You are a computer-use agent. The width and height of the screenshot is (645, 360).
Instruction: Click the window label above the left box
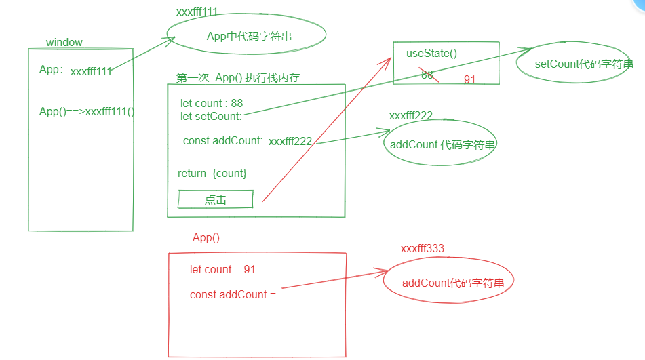pos(64,43)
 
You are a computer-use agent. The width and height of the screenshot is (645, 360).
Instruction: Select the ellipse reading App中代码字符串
pos(249,37)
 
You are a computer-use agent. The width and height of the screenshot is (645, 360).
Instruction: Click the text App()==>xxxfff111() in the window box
pos(87,112)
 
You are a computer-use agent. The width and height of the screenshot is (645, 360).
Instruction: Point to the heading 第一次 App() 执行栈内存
pos(238,78)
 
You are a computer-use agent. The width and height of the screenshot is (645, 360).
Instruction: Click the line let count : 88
pos(212,104)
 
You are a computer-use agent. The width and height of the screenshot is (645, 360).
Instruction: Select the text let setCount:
pos(211,116)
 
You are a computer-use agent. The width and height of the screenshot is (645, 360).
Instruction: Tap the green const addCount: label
pos(222,141)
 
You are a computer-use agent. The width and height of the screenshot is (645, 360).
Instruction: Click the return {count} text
pos(212,174)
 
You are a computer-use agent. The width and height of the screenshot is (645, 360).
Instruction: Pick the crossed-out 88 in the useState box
pos(427,75)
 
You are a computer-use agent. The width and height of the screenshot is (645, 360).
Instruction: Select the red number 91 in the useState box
pos(469,80)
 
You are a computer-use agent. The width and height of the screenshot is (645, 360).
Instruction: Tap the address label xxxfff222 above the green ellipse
pos(411,116)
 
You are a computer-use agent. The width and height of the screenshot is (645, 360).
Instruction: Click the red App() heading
pos(206,238)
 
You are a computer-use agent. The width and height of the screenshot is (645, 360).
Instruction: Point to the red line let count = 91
pos(222,270)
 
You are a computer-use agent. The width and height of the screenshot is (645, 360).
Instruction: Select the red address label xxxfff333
pos(423,249)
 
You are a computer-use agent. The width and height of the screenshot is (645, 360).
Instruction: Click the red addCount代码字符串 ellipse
pos(453,283)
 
